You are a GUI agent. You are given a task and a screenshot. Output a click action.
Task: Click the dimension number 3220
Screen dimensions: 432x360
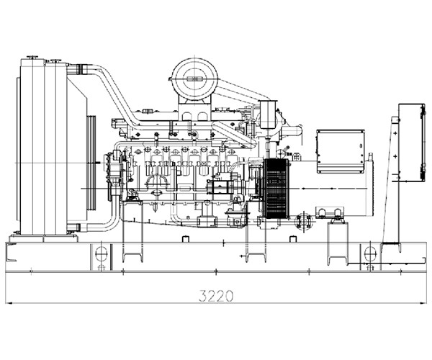pyautogui.click(x=216, y=296)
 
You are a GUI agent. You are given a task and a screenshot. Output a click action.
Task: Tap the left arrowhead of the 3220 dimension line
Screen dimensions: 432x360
pyautogui.click(x=8, y=303)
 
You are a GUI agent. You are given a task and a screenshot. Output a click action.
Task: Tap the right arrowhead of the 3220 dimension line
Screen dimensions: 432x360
pyautogui.click(x=423, y=303)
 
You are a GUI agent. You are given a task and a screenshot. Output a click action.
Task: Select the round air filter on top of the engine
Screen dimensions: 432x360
pyautogui.click(x=195, y=78)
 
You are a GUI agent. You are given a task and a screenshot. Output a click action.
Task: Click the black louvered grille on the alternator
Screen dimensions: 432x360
pyautogui.click(x=276, y=189)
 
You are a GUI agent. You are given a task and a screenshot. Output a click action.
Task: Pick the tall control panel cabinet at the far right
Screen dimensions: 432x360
pyautogui.click(x=412, y=143)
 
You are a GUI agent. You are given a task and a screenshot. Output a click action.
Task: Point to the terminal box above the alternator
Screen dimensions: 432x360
pyautogui.click(x=341, y=151)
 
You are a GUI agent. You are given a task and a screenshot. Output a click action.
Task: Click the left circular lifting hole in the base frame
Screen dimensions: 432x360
pyautogui.click(x=101, y=253)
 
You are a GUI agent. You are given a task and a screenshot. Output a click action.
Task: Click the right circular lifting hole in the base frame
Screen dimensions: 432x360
pyautogui.click(x=370, y=253)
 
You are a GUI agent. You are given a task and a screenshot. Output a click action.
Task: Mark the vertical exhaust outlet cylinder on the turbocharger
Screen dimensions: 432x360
pyautogui.click(x=269, y=114)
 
